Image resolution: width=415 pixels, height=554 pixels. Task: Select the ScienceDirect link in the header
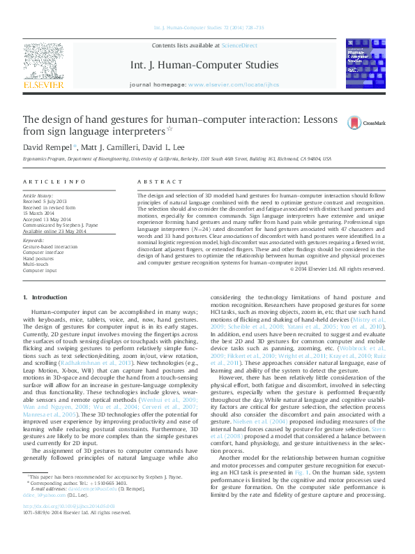239,45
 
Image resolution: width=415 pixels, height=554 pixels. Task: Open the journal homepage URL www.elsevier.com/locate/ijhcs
233,84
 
